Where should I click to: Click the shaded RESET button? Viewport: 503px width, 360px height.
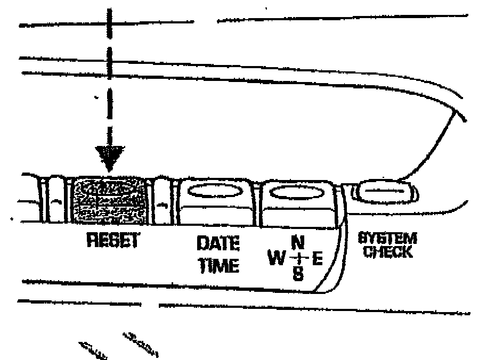point(110,201)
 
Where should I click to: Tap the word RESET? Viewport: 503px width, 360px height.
point(112,241)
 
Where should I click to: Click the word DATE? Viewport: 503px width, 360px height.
point(218,244)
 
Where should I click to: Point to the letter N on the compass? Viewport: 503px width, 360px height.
point(298,243)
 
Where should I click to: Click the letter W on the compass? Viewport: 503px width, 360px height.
point(277,259)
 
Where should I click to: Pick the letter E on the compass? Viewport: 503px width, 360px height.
point(317,259)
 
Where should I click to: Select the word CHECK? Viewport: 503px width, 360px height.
point(387,251)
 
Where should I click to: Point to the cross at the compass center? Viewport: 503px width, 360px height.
point(298,259)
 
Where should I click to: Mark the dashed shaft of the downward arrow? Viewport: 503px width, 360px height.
point(110,80)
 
